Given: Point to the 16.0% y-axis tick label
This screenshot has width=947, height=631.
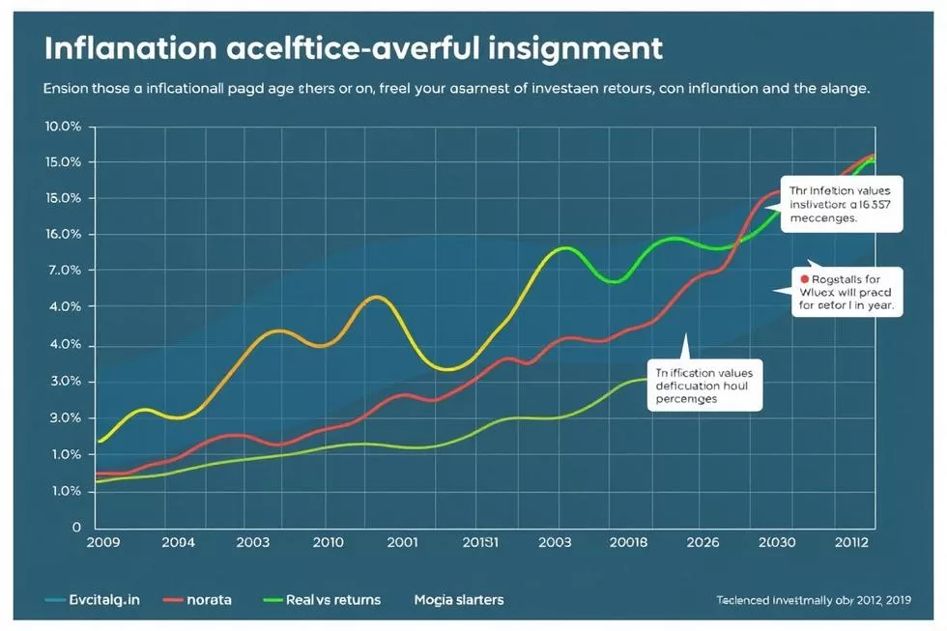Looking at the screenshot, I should (66, 235).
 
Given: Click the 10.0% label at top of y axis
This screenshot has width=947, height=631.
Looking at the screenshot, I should (66, 127).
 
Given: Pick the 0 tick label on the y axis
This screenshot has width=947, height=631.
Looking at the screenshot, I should (73, 528).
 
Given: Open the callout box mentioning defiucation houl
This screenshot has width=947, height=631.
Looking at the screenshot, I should (704, 384).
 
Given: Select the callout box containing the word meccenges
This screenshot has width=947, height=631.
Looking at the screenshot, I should (840, 205).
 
